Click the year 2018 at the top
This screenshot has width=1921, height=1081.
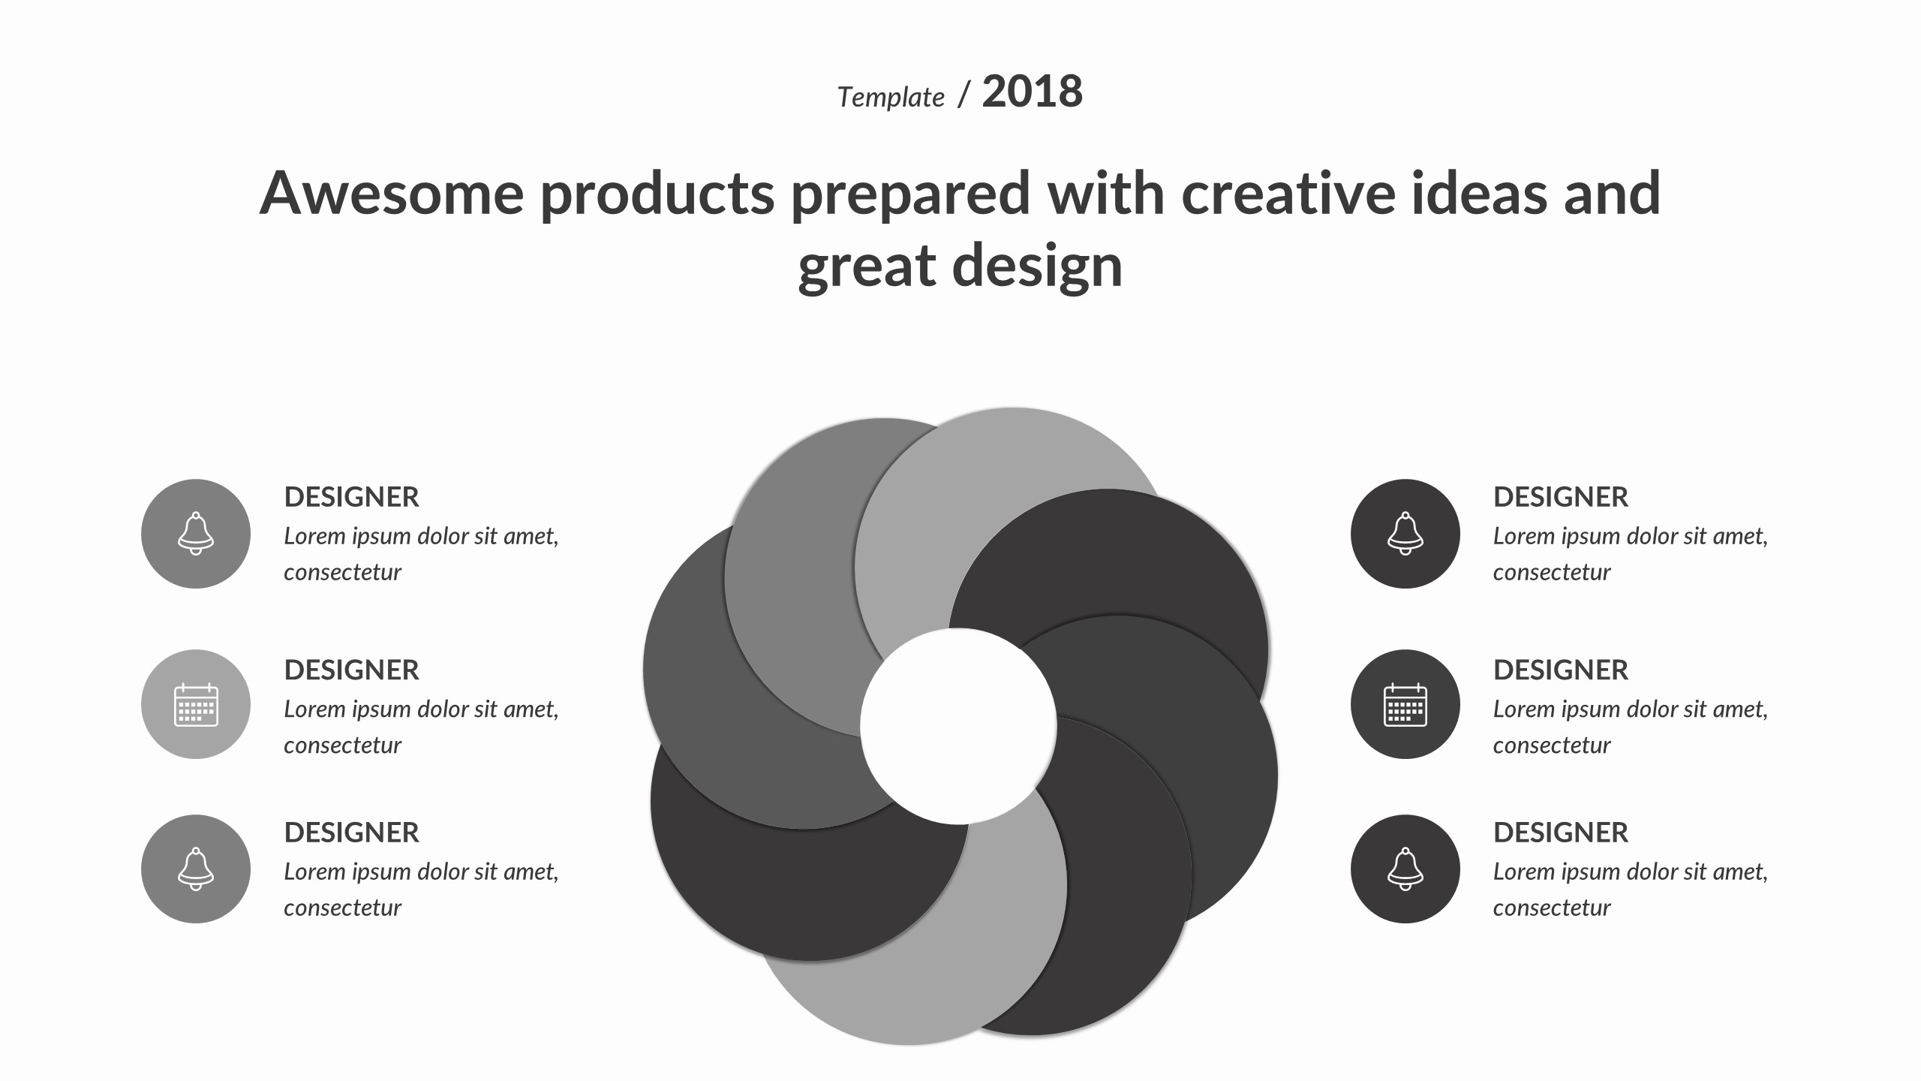(x=1032, y=92)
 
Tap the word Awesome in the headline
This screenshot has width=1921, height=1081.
(x=392, y=193)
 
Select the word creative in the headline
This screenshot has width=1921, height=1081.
(x=1288, y=193)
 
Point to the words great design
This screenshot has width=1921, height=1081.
(x=960, y=266)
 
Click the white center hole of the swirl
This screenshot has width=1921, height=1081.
(x=958, y=726)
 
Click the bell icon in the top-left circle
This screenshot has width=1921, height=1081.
(x=196, y=534)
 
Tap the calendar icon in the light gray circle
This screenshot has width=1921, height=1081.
(x=196, y=704)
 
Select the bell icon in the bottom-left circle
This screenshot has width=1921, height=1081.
(x=196, y=869)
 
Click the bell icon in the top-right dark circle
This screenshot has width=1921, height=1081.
(x=1405, y=534)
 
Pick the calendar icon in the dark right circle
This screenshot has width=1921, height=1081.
(x=1405, y=704)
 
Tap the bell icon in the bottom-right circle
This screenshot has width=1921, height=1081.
(x=1405, y=869)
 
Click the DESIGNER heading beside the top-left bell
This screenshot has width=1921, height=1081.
(x=351, y=497)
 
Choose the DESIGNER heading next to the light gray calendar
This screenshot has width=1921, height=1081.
(x=351, y=670)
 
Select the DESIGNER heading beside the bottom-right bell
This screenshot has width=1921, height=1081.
(x=1561, y=833)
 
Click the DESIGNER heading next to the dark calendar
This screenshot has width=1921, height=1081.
(x=1561, y=670)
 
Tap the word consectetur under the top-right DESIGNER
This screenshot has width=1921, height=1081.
(x=1551, y=573)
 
